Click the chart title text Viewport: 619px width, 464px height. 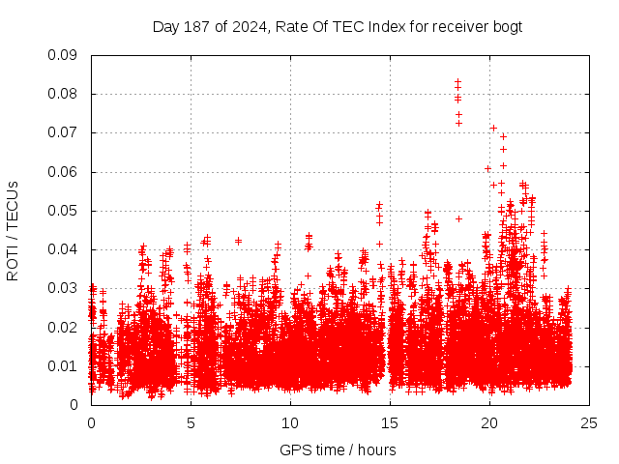(337, 26)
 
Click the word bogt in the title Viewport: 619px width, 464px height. (506, 26)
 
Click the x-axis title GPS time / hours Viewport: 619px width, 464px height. (338, 449)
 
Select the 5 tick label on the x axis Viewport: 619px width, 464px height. (191, 422)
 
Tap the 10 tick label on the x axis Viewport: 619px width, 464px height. (290, 422)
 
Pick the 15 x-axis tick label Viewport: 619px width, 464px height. (390, 422)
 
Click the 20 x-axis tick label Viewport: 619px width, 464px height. (489, 422)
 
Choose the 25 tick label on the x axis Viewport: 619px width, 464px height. (589, 422)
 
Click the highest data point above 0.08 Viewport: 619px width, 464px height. (458, 82)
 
